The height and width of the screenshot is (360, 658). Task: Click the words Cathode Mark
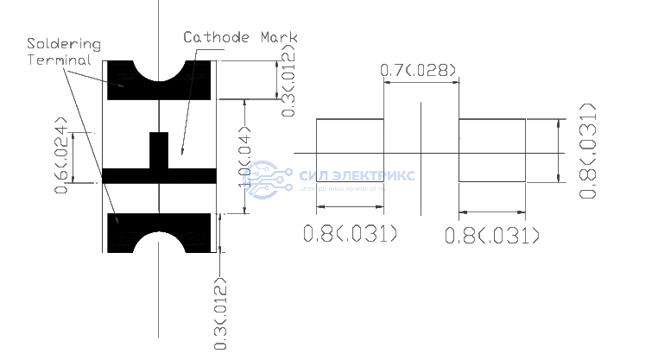coord(241,37)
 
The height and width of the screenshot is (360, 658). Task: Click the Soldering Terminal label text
coord(62,52)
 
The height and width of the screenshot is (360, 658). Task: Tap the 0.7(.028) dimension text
coord(419,70)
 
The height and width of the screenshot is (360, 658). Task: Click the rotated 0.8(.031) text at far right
coord(588,151)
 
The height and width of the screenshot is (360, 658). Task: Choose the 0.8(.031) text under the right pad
coord(491,235)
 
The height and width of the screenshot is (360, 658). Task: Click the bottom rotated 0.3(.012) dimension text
coord(221,312)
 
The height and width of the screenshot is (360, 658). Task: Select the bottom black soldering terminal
coord(121,233)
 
